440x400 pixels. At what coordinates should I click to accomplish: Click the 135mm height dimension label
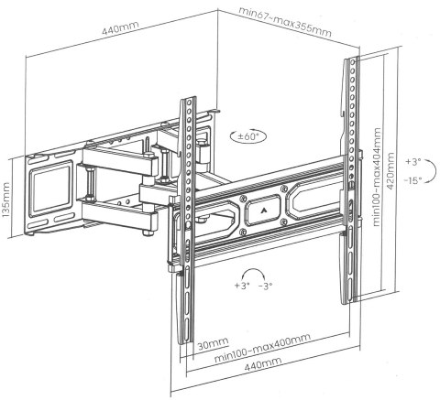coord(6,200)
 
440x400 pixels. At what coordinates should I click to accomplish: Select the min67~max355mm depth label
coord(285,21)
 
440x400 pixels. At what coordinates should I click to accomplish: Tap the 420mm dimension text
coord(390,171)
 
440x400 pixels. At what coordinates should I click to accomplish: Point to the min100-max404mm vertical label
coord(377,177)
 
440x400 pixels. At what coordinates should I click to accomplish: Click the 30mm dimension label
coord(213,344)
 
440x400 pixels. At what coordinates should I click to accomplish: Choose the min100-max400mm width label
coord(262,348)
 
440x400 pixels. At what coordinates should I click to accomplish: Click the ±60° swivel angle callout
coord(248,136)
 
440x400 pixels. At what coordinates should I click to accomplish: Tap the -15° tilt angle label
coord(412,180)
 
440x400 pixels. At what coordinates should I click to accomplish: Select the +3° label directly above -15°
coord(413,162)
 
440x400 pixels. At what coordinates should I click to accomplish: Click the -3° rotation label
coord(265,286)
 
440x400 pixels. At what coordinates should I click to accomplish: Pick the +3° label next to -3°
coord(242,286)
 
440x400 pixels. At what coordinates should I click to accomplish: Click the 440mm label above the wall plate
coord(120,27)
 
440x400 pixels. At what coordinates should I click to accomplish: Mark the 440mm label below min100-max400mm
coord(263,364)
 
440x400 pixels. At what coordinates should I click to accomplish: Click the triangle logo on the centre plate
coord(263,210)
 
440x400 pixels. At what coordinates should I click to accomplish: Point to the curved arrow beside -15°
coord(432,171)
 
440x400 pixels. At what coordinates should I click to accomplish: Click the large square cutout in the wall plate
coord(50,191)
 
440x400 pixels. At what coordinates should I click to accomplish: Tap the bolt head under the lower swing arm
coord(148,232)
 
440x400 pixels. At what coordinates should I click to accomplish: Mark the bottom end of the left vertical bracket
coord(185,341)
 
